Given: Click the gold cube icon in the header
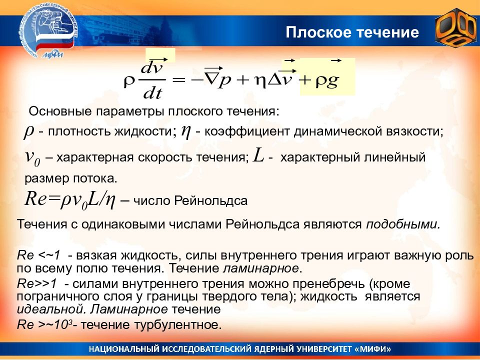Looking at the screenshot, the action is pyautogui.click(x=456, y=28).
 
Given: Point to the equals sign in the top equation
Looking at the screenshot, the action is pyautogui.click(x=179, y=80).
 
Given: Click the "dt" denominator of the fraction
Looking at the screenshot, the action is pyautogui.click(x=152, y=92).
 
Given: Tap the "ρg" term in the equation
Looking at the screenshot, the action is pyautogui.click(x=327, y=81).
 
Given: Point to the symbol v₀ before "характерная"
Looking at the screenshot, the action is pyautogui.click(x=32, y=157).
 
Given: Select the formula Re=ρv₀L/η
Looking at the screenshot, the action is pyautogui.click(x=70, y=199).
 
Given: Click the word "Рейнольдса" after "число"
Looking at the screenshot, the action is pyautogui.click(x=210, y=201).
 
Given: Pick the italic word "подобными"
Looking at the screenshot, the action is pyautogui.click(x=403, y=224).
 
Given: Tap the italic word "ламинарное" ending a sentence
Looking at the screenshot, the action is pyautogui.click(x=260, y=268).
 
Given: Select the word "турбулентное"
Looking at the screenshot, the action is pyautogui.click(x=178, y=324).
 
